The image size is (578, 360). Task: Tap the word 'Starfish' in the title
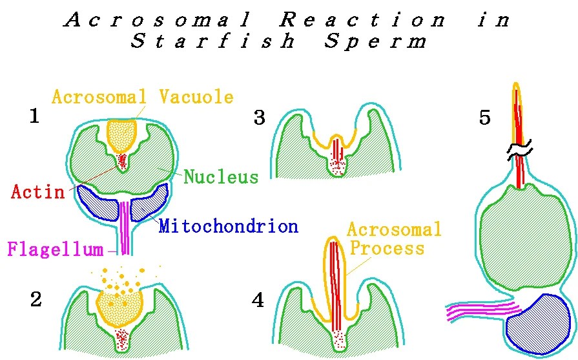pyautogui.click(x=213, y=42)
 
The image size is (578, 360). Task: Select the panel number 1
pyautogui.click(x=36, y=116)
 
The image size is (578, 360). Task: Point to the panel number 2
pyautogui.click(x=36, y=300)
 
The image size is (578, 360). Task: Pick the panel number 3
pyautogui.click(x=260, y=119)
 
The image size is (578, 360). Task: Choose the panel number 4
pyautogui.click(x=259, y=301)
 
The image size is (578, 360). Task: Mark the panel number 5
pyautogui.click(x=485, y=118)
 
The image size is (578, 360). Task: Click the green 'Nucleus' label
pyautogui.click(x=221, y=176)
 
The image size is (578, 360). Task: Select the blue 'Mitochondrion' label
pyautogui.click(x=229, y=226)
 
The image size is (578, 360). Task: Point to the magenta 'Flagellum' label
pyautogui.click(x=57, y=249)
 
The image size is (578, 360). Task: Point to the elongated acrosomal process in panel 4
pyautogui.click(x=335, y=278)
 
